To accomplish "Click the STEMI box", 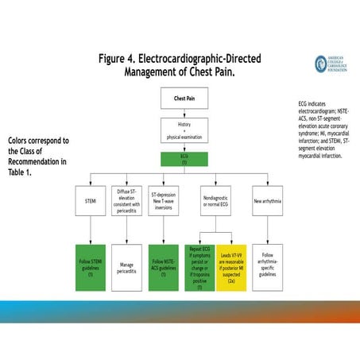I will (90, 199).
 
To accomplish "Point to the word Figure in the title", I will (116, 60).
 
